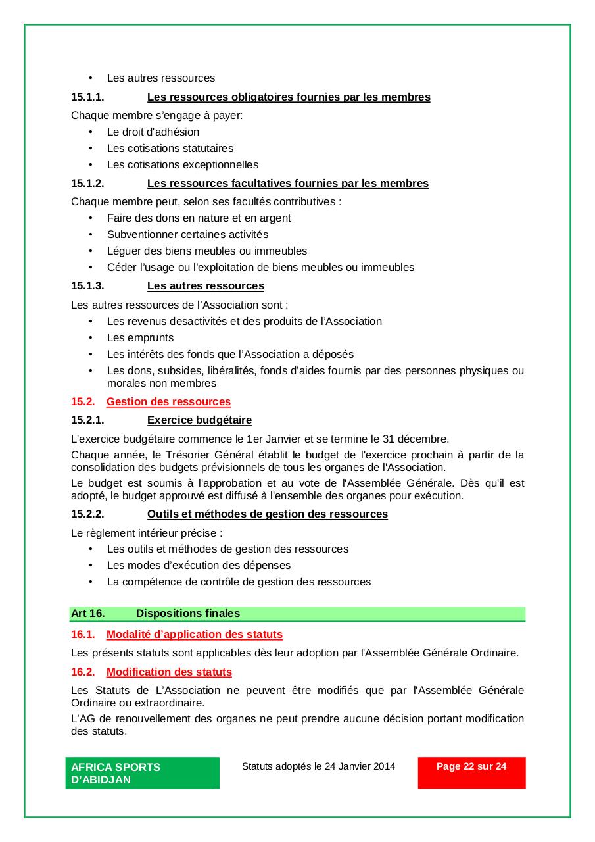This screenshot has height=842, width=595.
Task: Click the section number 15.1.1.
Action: point(87,97)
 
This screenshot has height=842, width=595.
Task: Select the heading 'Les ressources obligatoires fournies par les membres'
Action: point(289,97)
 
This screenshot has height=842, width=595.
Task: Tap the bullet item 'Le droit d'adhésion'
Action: point(153,132)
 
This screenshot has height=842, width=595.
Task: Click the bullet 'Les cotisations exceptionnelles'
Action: point(183,164)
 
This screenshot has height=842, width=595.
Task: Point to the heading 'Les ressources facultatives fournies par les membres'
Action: point(287,184)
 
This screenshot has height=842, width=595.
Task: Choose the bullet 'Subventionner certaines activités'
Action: point(187,234)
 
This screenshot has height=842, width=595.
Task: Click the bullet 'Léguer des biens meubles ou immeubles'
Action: point(207,251)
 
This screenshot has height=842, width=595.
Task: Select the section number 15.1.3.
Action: point(87,286)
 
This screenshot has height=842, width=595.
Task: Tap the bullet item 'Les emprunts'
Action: point(140,337)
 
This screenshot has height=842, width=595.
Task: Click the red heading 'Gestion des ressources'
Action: point(168,402)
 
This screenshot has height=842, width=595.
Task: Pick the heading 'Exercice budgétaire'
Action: point(199,420)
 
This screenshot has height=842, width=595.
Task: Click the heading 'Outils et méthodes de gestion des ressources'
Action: point(267,514)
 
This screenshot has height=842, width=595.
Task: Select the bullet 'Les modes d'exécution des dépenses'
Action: point(199,565)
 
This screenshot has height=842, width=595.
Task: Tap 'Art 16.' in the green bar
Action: point(87,614)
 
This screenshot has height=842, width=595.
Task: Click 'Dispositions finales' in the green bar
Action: point(188,614)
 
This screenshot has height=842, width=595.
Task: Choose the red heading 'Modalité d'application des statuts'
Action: point(194,635)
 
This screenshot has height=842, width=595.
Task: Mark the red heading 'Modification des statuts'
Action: point(169,672)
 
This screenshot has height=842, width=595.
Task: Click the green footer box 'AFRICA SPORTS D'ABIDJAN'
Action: point(142,773)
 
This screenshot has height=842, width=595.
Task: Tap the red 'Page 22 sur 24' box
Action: point(471,772)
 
